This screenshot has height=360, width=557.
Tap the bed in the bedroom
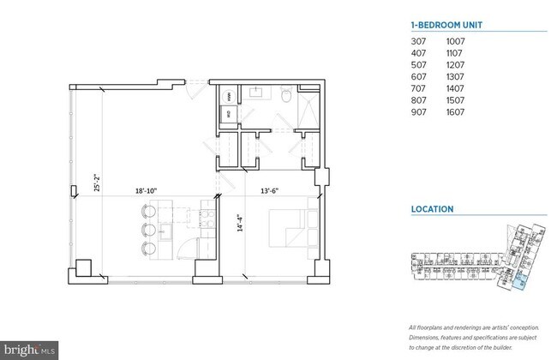point(287,227)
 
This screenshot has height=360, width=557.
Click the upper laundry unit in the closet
point(230,95)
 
